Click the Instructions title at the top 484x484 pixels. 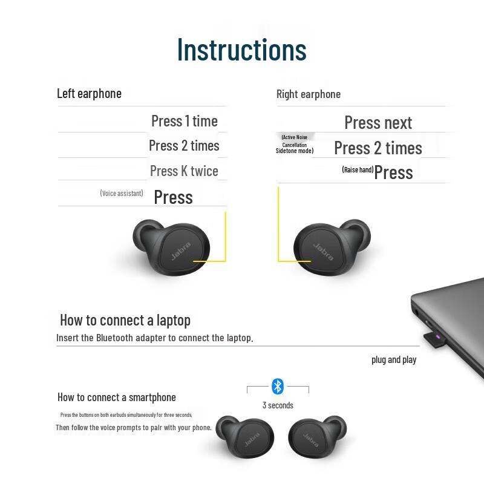coord(241,49)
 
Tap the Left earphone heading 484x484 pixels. coord(89,93)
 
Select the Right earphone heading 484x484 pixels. coord(308,94)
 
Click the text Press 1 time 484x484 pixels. coord(184,121)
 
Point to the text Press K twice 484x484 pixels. coord(184,171)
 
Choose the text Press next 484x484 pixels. coord(378,123)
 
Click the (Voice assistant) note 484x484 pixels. coord(122,193)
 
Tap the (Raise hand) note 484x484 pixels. coord(358,170)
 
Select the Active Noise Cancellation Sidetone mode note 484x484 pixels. coord(295,144)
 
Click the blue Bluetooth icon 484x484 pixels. coord(278,386)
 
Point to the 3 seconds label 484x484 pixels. coord(278,405)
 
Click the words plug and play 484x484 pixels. coord(394,359)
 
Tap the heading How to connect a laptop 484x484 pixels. coord(125,320)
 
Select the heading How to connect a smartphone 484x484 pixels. coord(117,397)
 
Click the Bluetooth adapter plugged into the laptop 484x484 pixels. coord(434,340)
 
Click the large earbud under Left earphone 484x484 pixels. coord(172,249)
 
